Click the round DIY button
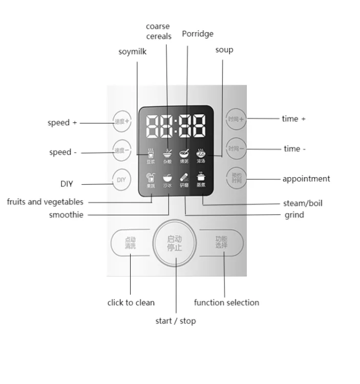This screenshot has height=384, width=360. pyautogui.click(x=121, y=180)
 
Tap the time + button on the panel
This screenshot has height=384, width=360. pyautogui.click(x=236, y=119)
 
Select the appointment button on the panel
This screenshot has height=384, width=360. pyautogui.click(x=236, y=178)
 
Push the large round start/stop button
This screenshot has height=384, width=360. pyautogui.click(x=175, y=243)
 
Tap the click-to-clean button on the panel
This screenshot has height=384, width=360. pyautogui.click(x=130, y=243)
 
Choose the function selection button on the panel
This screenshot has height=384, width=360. pyautogui.click(x=221, y=242)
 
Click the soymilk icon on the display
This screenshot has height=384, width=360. pyautogui.click(x=151, y=153)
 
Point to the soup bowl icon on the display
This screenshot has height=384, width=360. pyautogui.click(x=201, y=153)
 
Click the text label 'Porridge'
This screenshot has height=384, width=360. pyautogui.click(x=198, y=34)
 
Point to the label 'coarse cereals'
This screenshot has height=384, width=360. pyautogui.click(x=158, y=31)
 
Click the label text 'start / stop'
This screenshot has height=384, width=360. pyautogui.click(x=176, y=321)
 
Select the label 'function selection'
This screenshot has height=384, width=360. pyautogui.click(x=226, y=303)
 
